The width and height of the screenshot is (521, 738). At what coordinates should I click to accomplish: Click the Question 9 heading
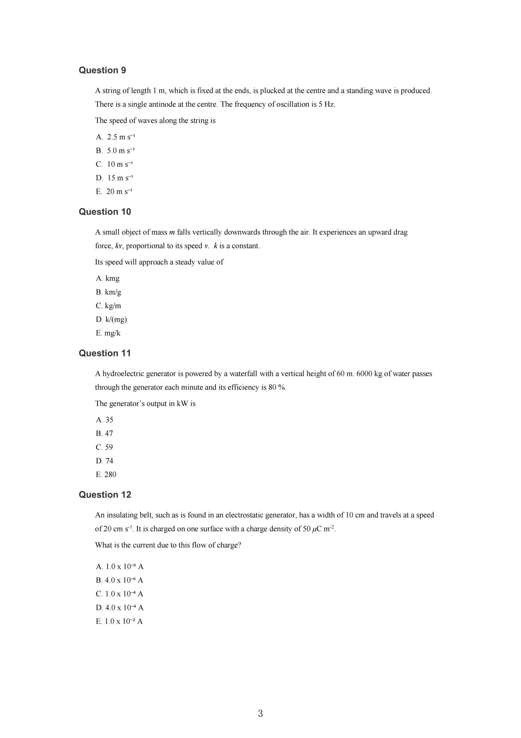pos(102,70)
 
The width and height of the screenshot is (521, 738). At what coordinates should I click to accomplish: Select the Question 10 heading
pos(105,212)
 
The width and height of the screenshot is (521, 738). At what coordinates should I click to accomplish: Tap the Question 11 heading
pos(105,353)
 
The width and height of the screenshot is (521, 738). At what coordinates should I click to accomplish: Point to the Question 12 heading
pos(105,494)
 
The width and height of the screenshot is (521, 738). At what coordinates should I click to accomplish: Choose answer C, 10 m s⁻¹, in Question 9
pos(114,164)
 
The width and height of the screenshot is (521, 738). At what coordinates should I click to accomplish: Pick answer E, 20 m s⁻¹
pos(114,192)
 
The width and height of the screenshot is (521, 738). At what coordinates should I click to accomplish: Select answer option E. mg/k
pos(108,333)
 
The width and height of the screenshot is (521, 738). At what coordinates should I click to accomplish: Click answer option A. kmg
pos(108,278)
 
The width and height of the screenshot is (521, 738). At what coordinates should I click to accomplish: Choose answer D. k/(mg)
pos(111,319)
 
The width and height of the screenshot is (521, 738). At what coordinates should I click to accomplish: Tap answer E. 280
pos(106,475)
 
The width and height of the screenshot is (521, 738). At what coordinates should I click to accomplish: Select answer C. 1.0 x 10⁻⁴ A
pos(119,594)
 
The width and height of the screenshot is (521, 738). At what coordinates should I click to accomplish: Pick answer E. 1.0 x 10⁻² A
pos(119,621)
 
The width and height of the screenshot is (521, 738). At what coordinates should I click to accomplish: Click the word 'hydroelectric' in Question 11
pos(123,374)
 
